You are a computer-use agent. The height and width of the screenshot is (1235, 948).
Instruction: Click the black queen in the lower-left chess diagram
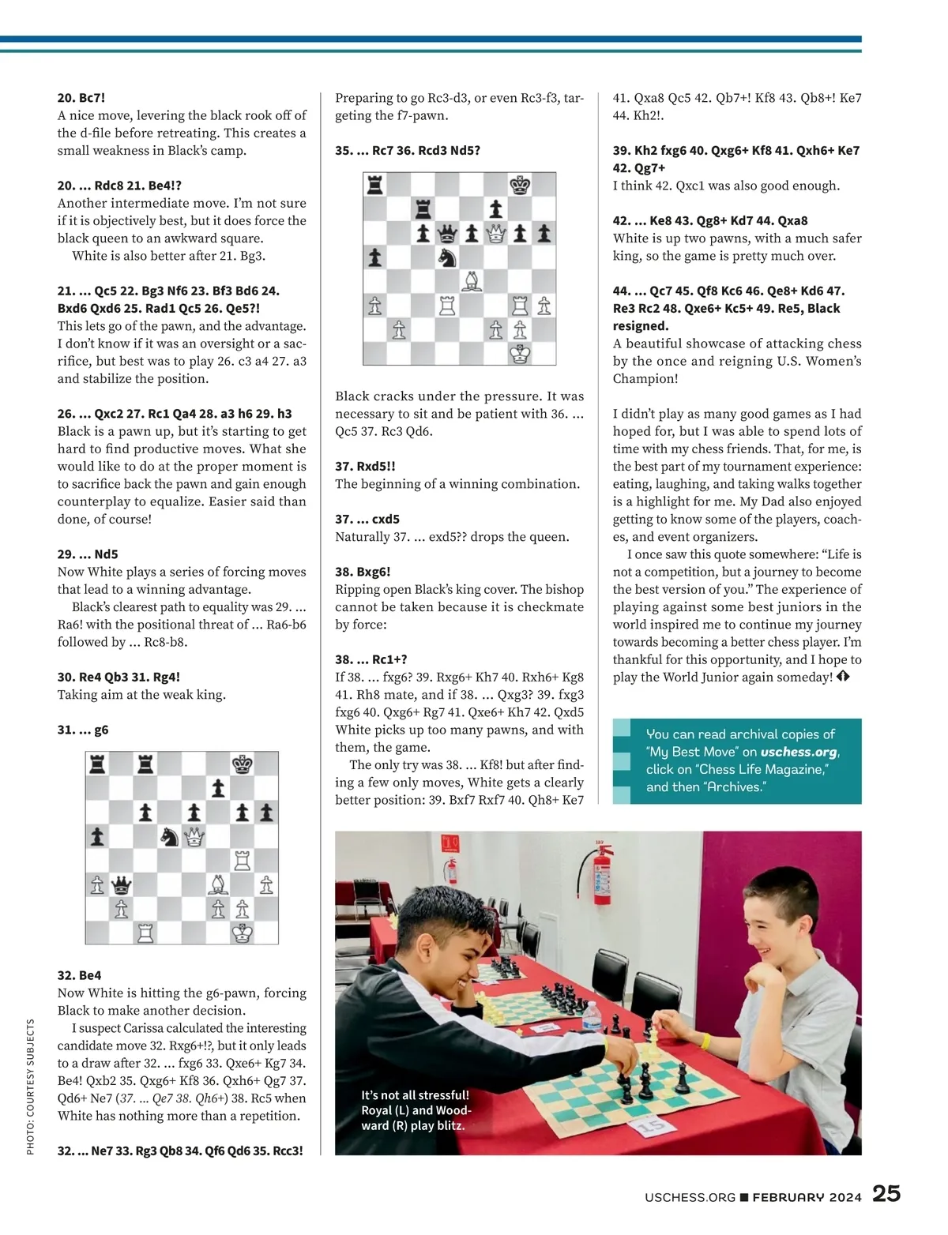click(x=121, y=884)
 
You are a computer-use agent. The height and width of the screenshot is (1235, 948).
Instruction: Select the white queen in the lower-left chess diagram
click(x=194, y=837)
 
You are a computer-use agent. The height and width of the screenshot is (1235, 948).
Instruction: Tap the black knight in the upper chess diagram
click(x=448, y=257)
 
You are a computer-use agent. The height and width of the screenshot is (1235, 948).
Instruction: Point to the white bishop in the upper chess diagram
click(x=472, y=281)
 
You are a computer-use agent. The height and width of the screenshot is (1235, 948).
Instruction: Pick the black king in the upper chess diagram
click(x=520, y=186)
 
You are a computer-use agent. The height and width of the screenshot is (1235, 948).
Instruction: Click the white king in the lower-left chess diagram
click(x=242, y=933)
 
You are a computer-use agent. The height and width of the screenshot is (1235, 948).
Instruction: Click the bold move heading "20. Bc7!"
click(x=81, y=98)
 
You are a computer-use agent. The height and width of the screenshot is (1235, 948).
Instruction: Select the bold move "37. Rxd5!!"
click(x=365, y=466)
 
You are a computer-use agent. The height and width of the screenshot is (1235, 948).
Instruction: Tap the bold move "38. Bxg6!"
click(x=363, y=572)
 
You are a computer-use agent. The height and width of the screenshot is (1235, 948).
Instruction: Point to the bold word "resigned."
click(x=641, y=326)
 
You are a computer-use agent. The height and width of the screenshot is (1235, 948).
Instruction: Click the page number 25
click(x=886, y=1193)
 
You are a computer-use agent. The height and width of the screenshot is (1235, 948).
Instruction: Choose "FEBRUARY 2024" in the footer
click(x=807, y=1197)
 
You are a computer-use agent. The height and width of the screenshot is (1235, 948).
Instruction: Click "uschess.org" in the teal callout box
click(x=798, y=753)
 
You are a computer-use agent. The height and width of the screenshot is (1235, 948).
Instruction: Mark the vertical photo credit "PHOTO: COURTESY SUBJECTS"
click(x=31, y=1087)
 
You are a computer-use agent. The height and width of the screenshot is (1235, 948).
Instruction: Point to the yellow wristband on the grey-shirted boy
click(x=705, y=1042)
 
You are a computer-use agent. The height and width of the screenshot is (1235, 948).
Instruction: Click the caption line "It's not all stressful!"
click(x=415, y=1095)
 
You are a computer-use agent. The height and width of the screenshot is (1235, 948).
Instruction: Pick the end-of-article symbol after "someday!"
click(x=842, y=677)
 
